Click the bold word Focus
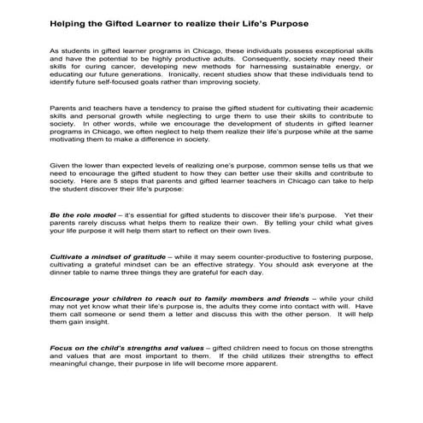click(64, 351)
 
